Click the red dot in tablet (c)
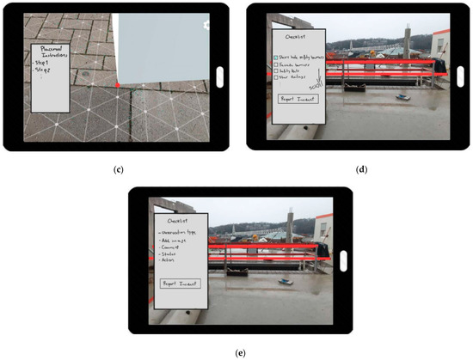(x=118, y=85)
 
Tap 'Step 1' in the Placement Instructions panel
(x=44, y=63)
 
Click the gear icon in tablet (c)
(x=206, y=24)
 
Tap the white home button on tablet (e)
(x=341, y=260)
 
